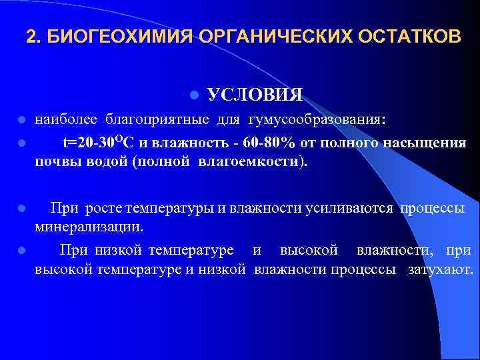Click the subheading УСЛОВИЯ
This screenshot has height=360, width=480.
click(x=255, y=94)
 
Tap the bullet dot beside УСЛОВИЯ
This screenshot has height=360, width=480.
click(x=193, y=95)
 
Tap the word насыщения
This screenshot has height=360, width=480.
click(x=428, y=143)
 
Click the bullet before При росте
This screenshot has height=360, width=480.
click(x=22, y=208)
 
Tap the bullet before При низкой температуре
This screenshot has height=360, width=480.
click(x=22, y=251)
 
